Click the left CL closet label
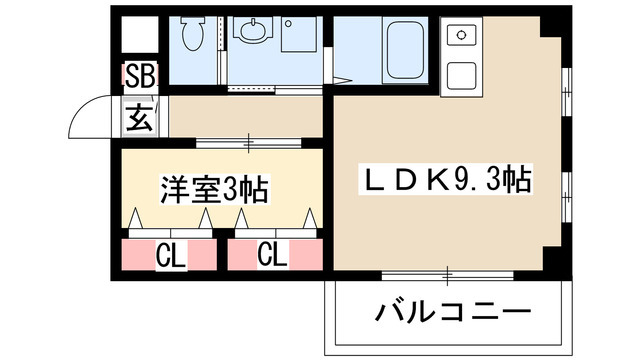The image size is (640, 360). coord(171,256)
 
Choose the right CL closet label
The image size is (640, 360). coord(273,256)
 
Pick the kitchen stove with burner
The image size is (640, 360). coord(461,37)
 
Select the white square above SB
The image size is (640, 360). coord(139,37)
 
